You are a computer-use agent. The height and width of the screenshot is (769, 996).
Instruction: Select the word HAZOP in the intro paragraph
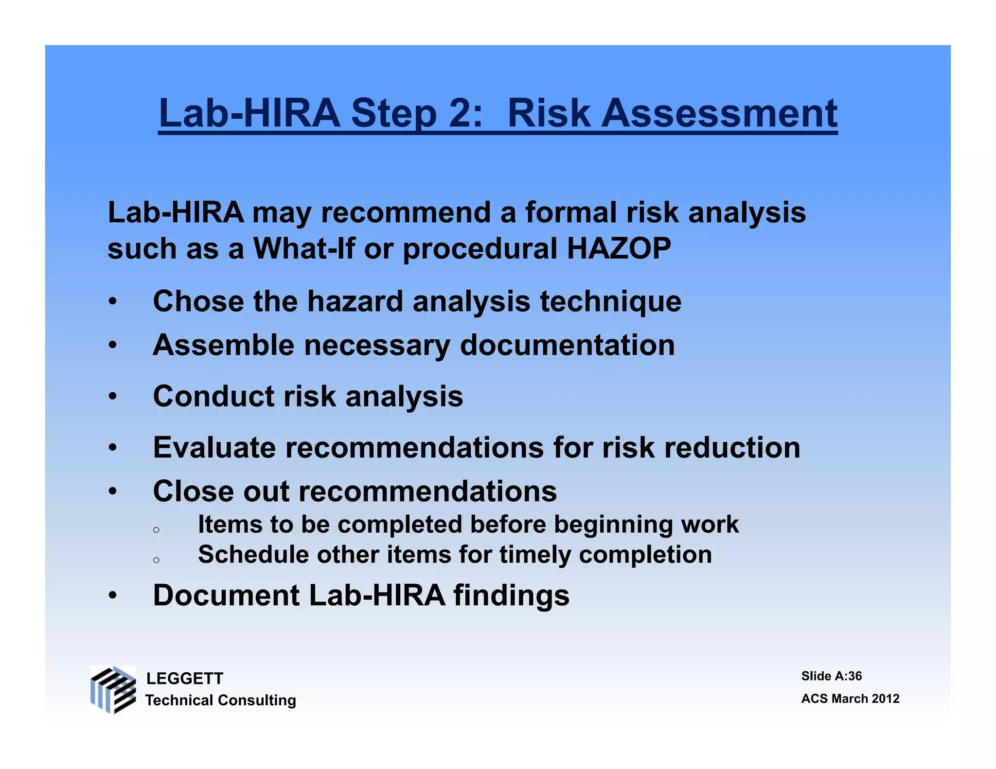coord(619,248)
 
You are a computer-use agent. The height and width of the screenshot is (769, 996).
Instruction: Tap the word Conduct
coord(213,396)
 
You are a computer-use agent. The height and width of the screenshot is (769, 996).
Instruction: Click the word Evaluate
coord(214,447)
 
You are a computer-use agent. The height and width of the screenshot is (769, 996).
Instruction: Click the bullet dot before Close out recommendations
coord(113,491)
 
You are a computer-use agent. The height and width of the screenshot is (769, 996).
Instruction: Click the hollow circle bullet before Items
coord(156,530)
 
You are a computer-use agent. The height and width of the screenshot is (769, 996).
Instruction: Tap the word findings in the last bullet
coord(511,596)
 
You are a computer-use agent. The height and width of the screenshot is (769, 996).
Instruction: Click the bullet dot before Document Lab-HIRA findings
coord(113,596)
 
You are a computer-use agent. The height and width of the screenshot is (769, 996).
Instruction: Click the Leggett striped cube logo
coord(113,690)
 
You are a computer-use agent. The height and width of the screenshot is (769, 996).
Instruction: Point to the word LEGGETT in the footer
coord(185,679)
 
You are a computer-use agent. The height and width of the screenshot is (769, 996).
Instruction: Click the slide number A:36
coord(848,676)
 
